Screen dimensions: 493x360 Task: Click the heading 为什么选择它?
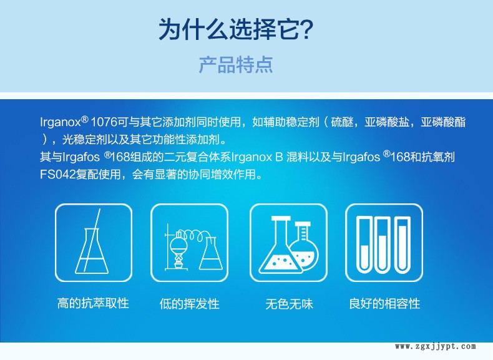tap(236, 29)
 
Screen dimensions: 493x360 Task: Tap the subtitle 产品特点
tap(236, 65)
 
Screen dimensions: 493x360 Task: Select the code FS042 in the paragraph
tap(58, 175)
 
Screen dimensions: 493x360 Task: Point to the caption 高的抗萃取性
tap(94, 303)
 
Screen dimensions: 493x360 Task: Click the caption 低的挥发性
tap(189, 304)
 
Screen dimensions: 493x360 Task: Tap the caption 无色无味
tap(290, 304)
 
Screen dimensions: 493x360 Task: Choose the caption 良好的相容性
tap(385, 304)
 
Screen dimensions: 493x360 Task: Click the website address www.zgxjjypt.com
tap(436, 346)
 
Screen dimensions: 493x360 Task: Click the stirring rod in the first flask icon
tap(92, 241)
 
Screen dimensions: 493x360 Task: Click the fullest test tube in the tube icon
tap(403, 245)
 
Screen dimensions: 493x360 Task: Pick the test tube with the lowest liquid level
tap(364, 245)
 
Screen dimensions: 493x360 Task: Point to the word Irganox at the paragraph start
tap(61, 123)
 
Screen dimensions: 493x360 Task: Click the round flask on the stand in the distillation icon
tap(178, 243)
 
